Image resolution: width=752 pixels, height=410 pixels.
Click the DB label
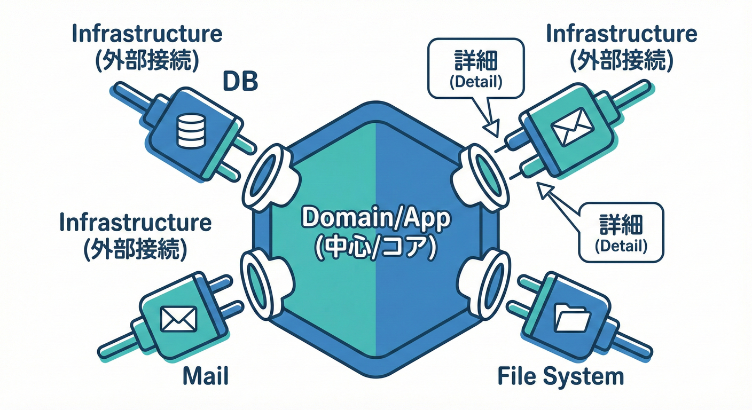[x=239, y=83]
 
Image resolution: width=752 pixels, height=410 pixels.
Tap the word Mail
[x=206, y=376]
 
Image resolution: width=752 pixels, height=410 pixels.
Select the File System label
[x=560, y=376]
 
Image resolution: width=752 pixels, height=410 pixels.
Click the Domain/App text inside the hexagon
[x=376, y=220]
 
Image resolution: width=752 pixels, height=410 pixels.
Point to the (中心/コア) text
[x=376, y=248]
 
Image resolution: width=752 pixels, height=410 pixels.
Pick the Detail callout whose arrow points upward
[x=621, y=232]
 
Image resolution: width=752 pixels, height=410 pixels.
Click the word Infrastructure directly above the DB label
[x=146, y=34]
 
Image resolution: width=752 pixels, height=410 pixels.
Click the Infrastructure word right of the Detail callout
[x=621, y=34]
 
